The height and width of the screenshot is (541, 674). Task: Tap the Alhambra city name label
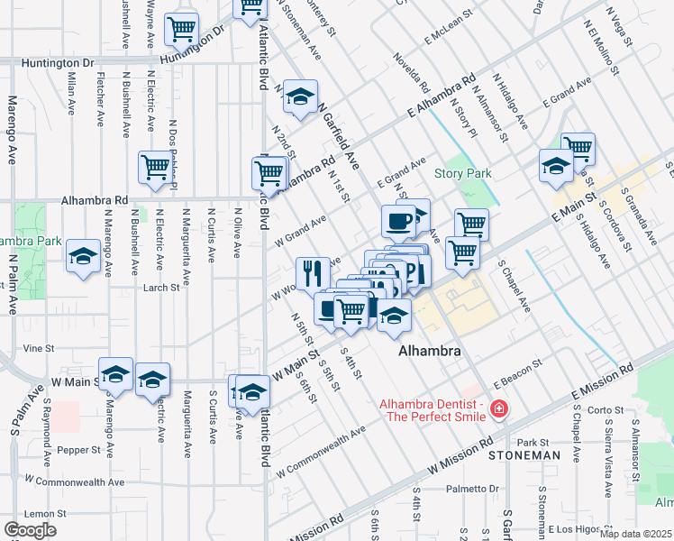click(x=430, y=351)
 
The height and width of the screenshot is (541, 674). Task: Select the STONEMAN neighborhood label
click(x=524, y=456)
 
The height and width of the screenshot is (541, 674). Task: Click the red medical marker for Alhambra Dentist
click(x=497, y=411)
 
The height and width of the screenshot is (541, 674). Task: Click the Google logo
click(x=29, y=530)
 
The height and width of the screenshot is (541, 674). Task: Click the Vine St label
click(x=39, y=347)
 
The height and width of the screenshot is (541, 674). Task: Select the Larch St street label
click(x=161, y=289)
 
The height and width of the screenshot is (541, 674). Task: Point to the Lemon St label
click(x=41, y=511)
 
